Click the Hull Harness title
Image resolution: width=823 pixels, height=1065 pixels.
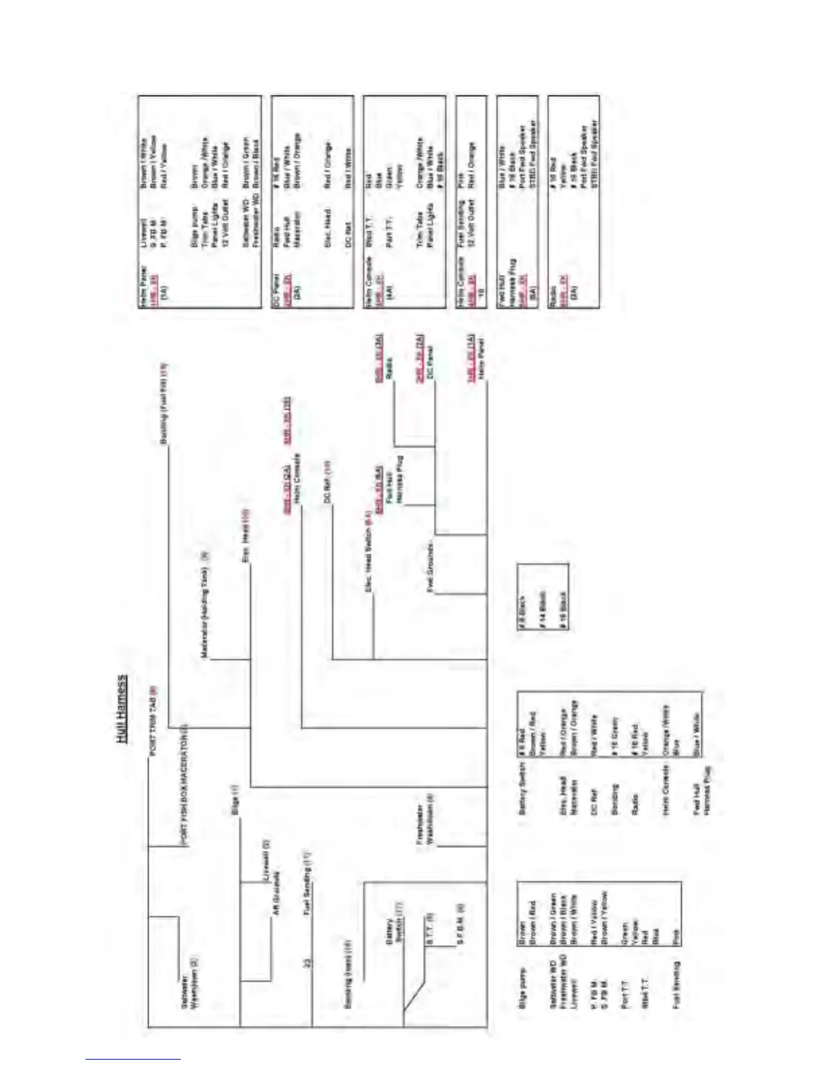pos(122,709)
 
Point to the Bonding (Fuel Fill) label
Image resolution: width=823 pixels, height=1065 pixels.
pos(164,403)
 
